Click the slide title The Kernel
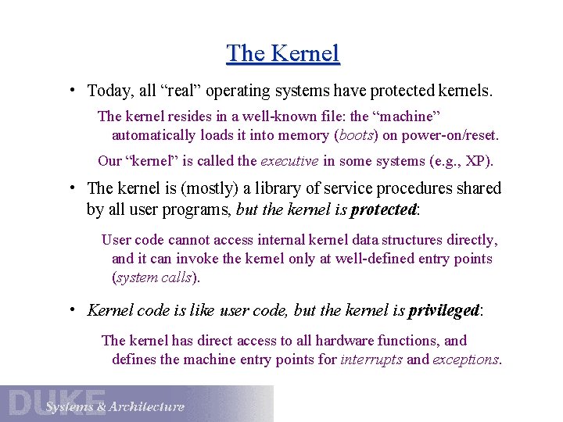(282, 53)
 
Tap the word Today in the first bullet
(110, 91)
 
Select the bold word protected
(383, 209)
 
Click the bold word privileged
(443, 310)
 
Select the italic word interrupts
(371, 359)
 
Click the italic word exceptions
(466, 359)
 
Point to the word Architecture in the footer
(146, 406)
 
